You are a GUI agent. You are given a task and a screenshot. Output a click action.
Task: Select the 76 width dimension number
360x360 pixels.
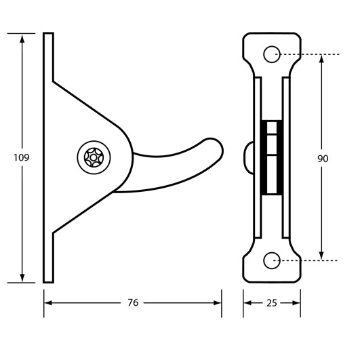[133, 302]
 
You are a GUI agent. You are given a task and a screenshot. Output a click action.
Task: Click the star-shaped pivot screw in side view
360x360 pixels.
[89, 157]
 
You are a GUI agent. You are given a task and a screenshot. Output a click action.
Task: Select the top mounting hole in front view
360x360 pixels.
[272, 54]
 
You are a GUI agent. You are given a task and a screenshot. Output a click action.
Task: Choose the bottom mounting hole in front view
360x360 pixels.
[272, 260]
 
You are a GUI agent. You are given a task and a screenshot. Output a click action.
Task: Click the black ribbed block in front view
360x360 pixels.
[272, 157]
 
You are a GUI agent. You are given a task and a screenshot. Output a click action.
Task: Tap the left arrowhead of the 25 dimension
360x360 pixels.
[247, 302]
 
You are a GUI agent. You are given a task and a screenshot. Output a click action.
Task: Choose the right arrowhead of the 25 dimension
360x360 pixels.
[297, 302]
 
